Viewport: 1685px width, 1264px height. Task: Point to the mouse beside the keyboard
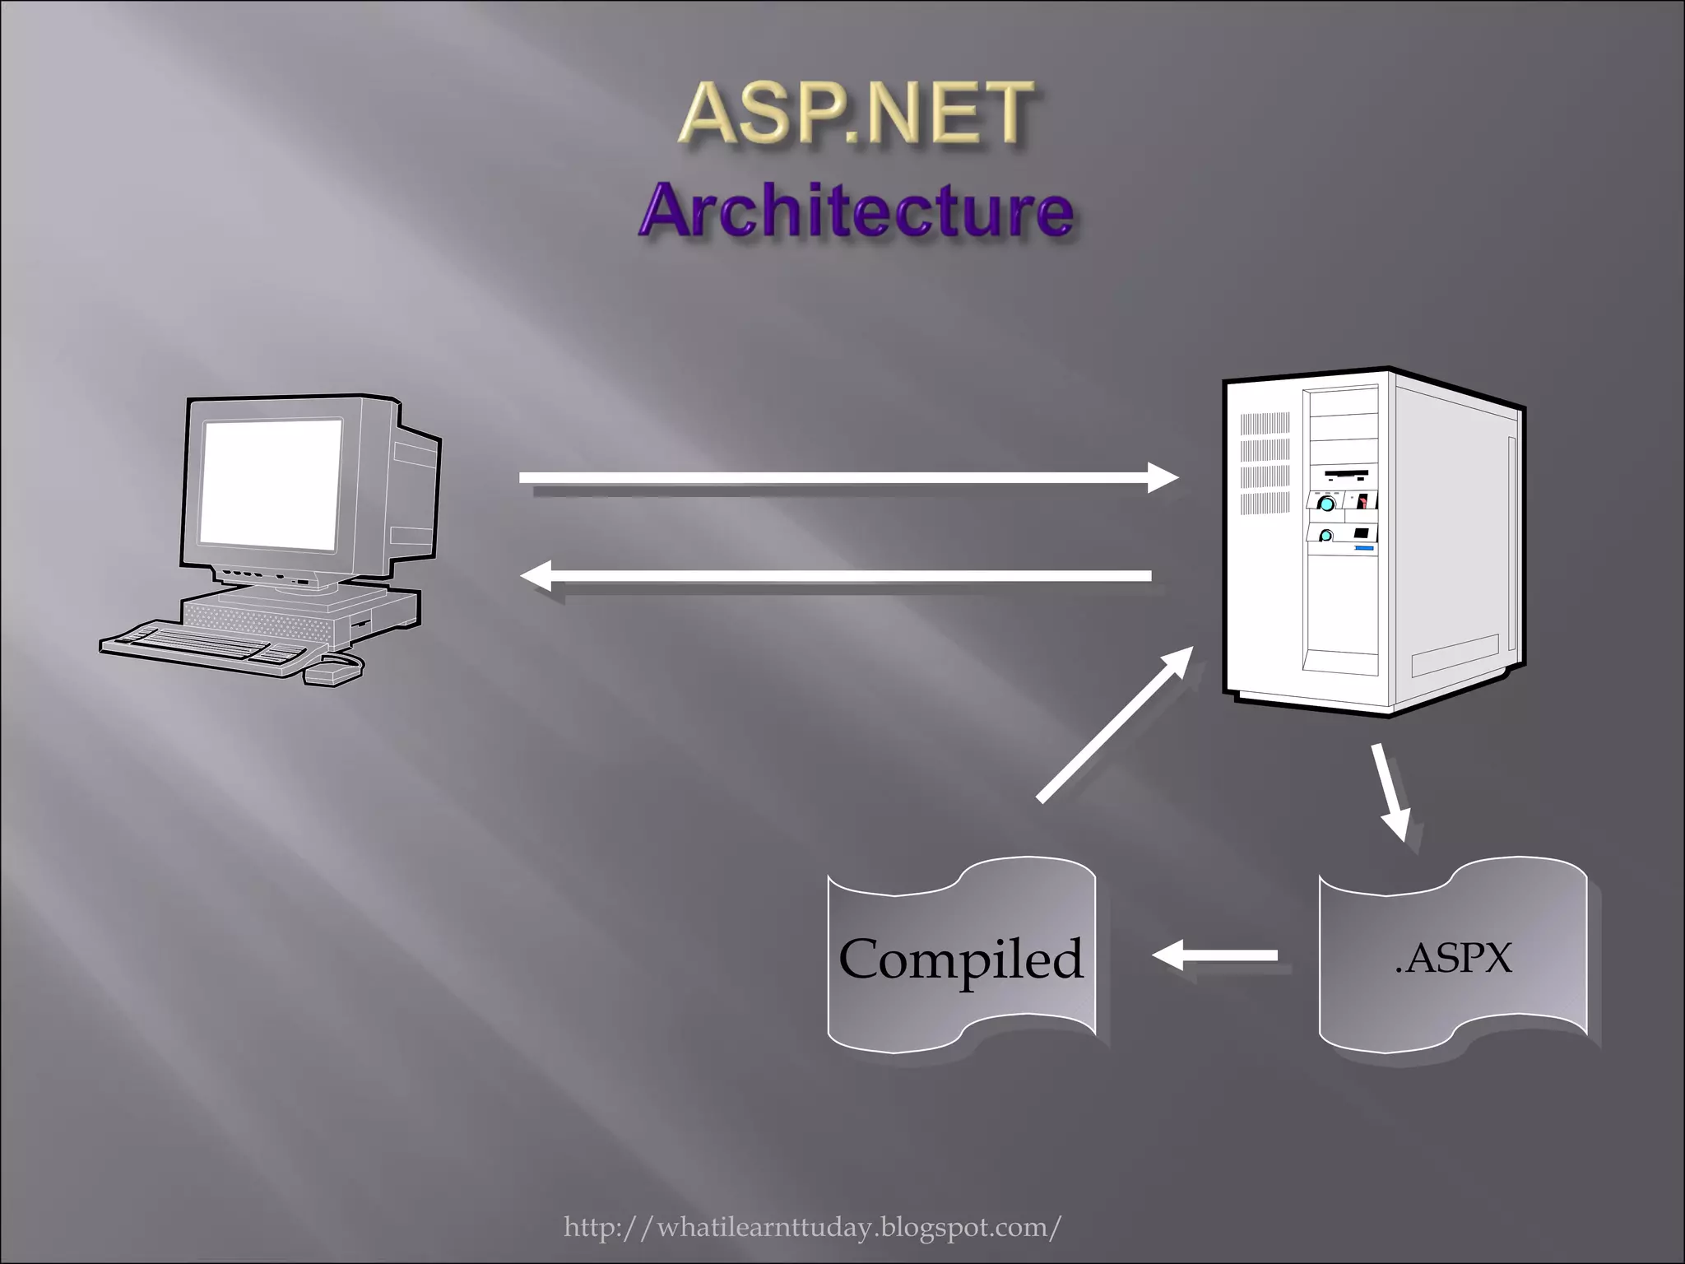tap(333, 670)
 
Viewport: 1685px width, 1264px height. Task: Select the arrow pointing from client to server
tap(847, 477)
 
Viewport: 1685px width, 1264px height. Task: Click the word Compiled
tap(960, 959)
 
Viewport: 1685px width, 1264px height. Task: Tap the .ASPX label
tap(1453, 959)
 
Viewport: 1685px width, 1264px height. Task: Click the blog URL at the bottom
tap(812, 1227)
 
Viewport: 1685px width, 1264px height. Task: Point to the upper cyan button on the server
tap(1326, 503)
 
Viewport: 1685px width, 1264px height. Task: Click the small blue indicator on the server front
tap(1363, 547)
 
